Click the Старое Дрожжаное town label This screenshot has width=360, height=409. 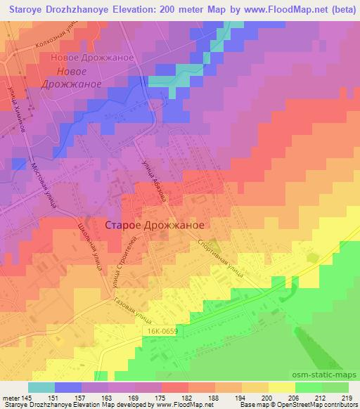click(154, 225)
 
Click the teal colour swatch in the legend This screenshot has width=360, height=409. click(41, 387)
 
